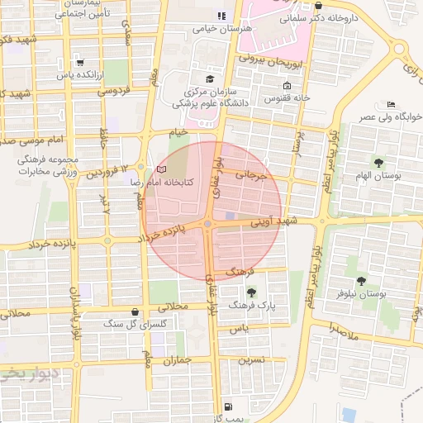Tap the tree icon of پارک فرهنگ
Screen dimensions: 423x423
(251, 292)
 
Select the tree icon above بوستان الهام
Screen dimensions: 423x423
(379, 162)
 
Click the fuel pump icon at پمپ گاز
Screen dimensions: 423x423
(228, 407)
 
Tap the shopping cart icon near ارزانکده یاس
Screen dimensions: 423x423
(79, 62)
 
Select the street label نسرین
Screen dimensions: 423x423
(251, 360)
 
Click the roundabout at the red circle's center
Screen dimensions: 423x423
(207, 224)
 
